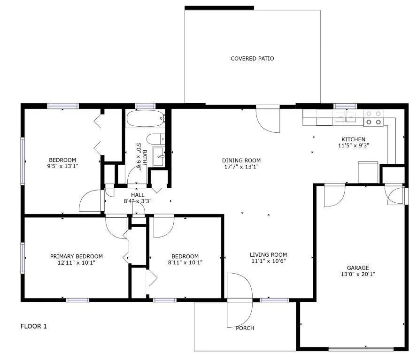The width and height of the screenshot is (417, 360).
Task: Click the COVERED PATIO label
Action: [x=252, y=59]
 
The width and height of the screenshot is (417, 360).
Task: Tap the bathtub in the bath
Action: [x=145, y=119]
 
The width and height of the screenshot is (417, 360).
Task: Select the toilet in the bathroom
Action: [x=154, y=138]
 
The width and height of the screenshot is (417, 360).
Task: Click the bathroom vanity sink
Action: [x=159, y=153]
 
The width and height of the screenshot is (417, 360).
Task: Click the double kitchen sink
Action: [x=345, y=117]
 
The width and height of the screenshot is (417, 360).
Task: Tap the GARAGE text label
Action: [x=358, y=268]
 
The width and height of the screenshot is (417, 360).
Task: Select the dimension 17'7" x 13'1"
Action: [x=241, y=167]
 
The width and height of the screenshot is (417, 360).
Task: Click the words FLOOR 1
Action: [x=34, y=326]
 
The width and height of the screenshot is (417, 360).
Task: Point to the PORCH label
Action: [x=245, y=328]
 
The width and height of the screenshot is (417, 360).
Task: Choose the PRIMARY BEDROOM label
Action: [x=76, y=256]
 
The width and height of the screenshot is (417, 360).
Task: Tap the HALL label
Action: [x=138, y=195]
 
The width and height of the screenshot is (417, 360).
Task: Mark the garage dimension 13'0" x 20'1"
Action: [x=358, y=274]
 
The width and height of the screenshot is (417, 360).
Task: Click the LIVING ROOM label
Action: [x=268, y=255]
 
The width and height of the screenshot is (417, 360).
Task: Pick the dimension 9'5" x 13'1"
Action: [x=62, y=166]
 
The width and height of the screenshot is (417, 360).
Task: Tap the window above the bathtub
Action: [x=145, y=106]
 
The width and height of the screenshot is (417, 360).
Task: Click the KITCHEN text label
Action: [x=353, y=139]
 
